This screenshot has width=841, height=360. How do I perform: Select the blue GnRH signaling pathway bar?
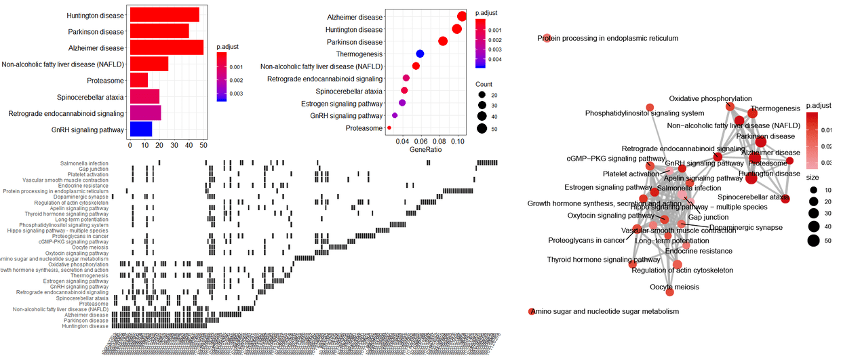[x=140, y=129]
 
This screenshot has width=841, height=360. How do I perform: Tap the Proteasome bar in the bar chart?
[x=138, y=81]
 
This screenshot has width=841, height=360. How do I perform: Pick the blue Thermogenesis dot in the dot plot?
[x=420, y=54]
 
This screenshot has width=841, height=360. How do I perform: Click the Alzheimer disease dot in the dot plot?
[x=462, y=17]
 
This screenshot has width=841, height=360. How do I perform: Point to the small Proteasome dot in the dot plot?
[x=389, y=127]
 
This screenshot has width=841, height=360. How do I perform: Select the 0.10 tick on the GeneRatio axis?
[x=457, y=142]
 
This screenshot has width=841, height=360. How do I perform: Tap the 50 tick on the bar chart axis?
[x=203, y=145]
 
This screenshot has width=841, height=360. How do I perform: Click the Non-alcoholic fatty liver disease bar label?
[x=62, y=64]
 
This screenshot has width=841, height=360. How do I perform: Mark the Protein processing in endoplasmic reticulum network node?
[x=547, y=39]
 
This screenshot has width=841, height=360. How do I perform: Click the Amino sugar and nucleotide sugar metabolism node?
[x=532, y=311]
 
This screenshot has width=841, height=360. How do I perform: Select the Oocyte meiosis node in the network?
[x=670, y=292]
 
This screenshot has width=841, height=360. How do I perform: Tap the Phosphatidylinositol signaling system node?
[x=650, y=107]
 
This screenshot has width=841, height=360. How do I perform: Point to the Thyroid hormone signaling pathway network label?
[x=604, y=259]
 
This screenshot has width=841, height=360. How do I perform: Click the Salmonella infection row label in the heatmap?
[x=84, y=163]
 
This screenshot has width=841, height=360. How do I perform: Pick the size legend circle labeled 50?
[x=813, y=240]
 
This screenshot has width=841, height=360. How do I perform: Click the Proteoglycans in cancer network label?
[x=586, y=240]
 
